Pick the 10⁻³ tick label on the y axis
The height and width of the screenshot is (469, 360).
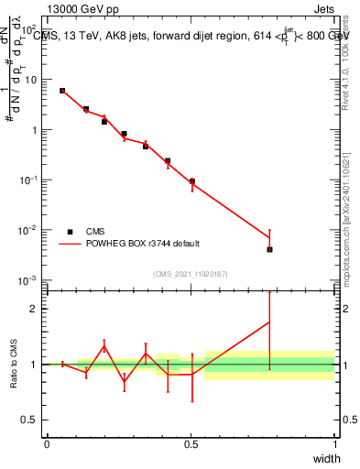pyautogui.click(x=28, y=279)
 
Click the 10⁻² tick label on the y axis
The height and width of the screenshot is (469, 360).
pyautogui.click(x=28, y=230)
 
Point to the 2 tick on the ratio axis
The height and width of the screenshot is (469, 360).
pyautogui.click(x=35, y=309)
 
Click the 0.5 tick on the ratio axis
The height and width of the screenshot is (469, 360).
pyautogui.click(x=31, y=420)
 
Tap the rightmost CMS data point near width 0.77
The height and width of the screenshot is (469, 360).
pyautogui.click(x=269, y=249)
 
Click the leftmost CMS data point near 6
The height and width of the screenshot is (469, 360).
pyautogui.click(x=62, y=91)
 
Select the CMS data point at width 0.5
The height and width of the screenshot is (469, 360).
pyautogui.click(x=191, y=181)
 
